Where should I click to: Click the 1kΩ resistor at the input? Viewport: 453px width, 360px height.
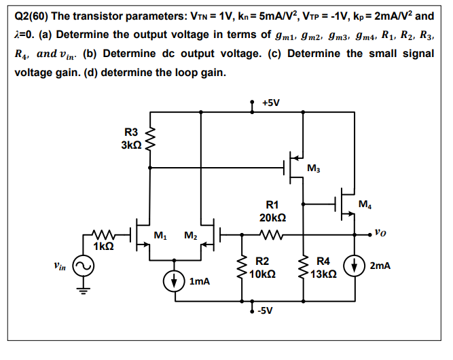coord(104,234)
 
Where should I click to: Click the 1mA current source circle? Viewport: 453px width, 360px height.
coord(175,279)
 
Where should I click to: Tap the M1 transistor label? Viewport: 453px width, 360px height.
coord(161,236)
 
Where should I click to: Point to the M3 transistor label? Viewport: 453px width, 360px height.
coord(313,168)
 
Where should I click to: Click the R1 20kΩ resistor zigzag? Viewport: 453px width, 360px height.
coord(271,234)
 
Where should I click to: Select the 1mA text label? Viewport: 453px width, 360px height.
coord(200,280)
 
